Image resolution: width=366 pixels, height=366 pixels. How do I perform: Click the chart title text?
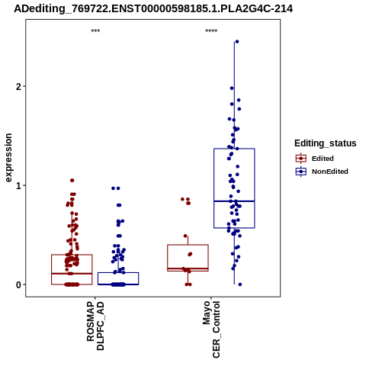(x=153, y=9)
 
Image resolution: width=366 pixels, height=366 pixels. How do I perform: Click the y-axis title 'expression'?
(x=8, y=158)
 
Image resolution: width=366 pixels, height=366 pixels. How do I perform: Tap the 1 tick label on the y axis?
(x=18, y=186)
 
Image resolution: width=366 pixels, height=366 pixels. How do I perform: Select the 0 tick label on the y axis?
(x=18, y=285)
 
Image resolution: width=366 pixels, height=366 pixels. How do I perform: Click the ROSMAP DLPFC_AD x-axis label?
(x=95, y=326)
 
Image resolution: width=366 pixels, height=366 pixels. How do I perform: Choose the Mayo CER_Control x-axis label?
(x=211, y=329)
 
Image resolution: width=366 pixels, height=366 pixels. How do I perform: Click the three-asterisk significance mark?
(x=95, y=31)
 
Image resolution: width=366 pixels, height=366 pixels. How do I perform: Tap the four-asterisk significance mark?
(x=211, y=31)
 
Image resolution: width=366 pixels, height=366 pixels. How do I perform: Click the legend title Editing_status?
(x=326, y=143)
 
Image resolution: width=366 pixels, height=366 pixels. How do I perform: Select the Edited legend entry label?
(x=323, y=159)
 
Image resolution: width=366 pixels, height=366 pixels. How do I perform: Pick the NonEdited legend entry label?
(x=330, y=172)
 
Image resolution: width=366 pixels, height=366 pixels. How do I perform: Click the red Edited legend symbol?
(x=301, y=159)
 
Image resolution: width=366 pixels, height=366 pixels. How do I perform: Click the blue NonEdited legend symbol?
(x=301, y=172)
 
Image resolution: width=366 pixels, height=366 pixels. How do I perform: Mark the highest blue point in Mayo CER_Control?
(x=237, y=42)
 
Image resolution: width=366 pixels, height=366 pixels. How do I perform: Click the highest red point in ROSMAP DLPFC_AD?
(x=72, y=181)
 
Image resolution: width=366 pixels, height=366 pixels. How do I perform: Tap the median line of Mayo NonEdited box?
(x=234, y=201)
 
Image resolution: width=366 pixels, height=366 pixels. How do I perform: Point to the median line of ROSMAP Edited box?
(x=72, y=274)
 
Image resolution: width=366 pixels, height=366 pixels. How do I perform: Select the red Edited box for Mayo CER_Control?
(x=188, y=245)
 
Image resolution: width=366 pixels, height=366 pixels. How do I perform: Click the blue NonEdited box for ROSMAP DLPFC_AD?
(x=118, y=273)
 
